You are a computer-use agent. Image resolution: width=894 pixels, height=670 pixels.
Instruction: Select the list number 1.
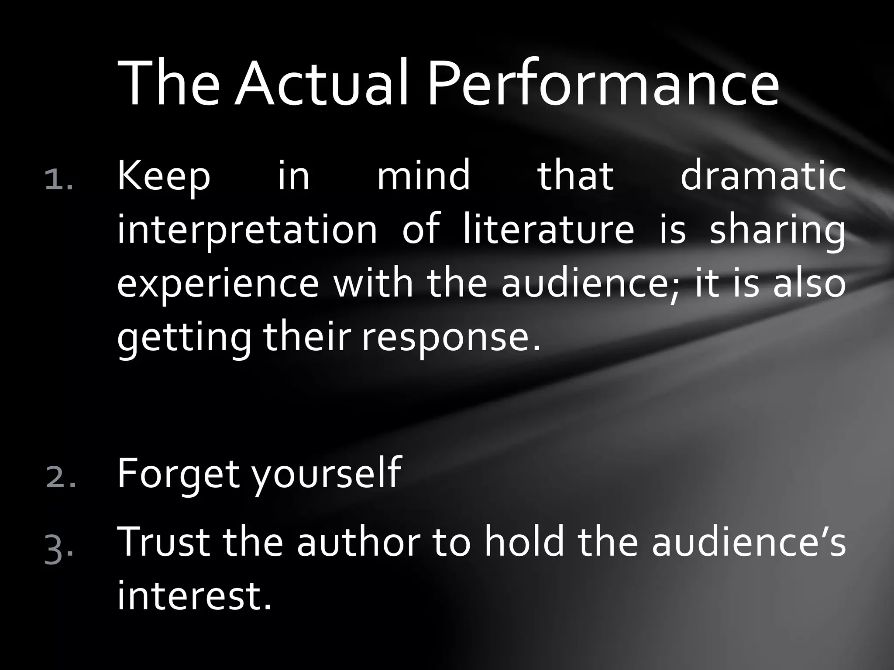tap(59, 180)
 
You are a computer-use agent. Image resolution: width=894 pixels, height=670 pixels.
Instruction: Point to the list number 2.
tap(60, 478)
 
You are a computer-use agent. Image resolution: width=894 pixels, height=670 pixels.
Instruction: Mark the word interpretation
tap(247, 231)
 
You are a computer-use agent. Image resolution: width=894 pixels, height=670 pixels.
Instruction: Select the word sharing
tap(777, 231)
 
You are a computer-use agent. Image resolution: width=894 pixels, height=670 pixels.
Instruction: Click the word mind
tap(423, 177)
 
